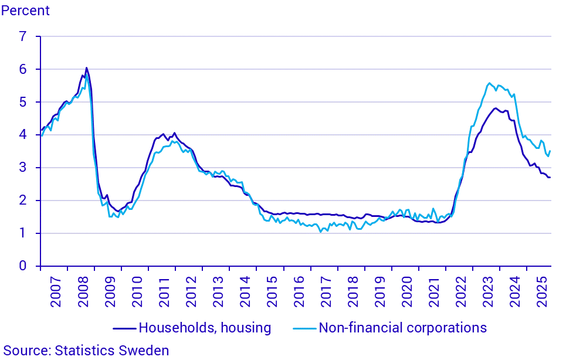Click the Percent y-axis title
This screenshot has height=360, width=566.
[x=25, y=11]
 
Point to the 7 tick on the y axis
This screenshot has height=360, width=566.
[x=23, y=36]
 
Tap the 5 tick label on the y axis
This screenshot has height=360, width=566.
[x=23, y=102]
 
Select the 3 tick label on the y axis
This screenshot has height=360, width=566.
[x=23, y=168]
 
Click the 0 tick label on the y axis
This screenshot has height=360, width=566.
[x=23, y=266]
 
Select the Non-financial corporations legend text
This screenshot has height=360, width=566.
[x=402, y=327]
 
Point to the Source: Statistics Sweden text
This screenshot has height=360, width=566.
[x=86, y=351]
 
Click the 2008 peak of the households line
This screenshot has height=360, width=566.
[x=86, y=68]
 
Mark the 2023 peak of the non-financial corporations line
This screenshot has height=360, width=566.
[x=489, y=83]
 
